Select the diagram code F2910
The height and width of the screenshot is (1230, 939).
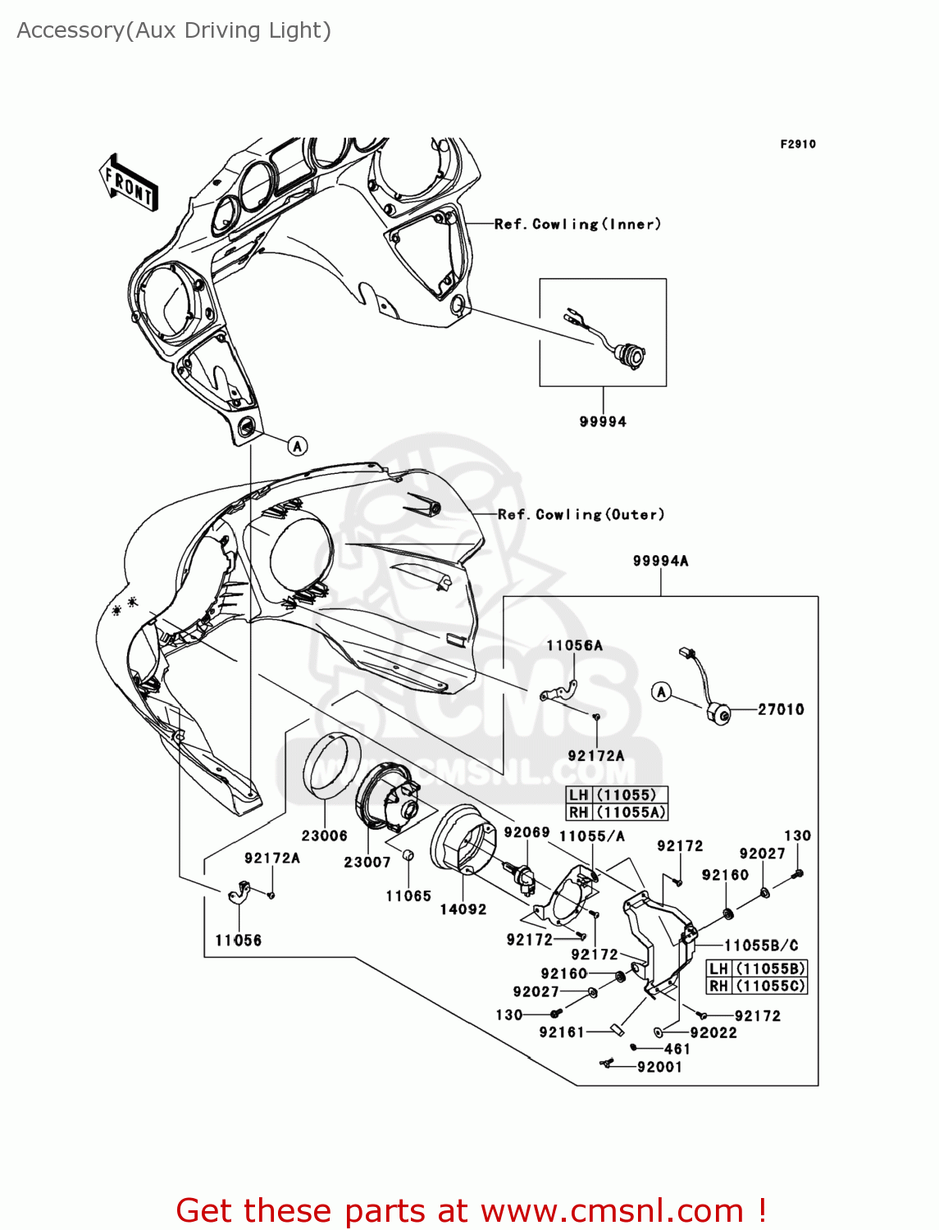click(x=797, y=144)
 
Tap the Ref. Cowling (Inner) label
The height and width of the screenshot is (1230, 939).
click(x=577, y=224)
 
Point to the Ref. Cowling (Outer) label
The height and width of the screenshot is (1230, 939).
click(x=581, y=514)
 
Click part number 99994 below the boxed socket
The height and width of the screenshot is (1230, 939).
click(x=603, y=421)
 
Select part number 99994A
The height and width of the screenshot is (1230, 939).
click(x=660, y=561)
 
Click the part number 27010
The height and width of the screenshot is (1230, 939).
click(x=780, y=709)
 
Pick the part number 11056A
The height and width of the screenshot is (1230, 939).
click(x=574, y=645)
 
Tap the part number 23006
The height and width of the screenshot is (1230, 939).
click(x=324, y=836)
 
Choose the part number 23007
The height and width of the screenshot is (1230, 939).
click(x=367, y=862)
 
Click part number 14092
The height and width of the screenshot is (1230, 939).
click(x=463, y=909)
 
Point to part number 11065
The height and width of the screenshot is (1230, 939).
click(x=408, y=896)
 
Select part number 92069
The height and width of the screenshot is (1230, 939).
click(x=526, y=832)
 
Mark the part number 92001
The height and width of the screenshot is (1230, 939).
click(x=659, y=1067)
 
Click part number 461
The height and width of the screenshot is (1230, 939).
click(x=677, y=1049)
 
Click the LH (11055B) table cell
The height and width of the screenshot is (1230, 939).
click(x=757, y=968)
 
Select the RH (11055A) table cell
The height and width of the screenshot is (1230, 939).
click(x=617, y=812)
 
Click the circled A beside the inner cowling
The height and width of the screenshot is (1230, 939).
click(x=298, y=445)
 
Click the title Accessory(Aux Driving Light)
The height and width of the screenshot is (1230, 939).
click(x=174, y=30)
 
